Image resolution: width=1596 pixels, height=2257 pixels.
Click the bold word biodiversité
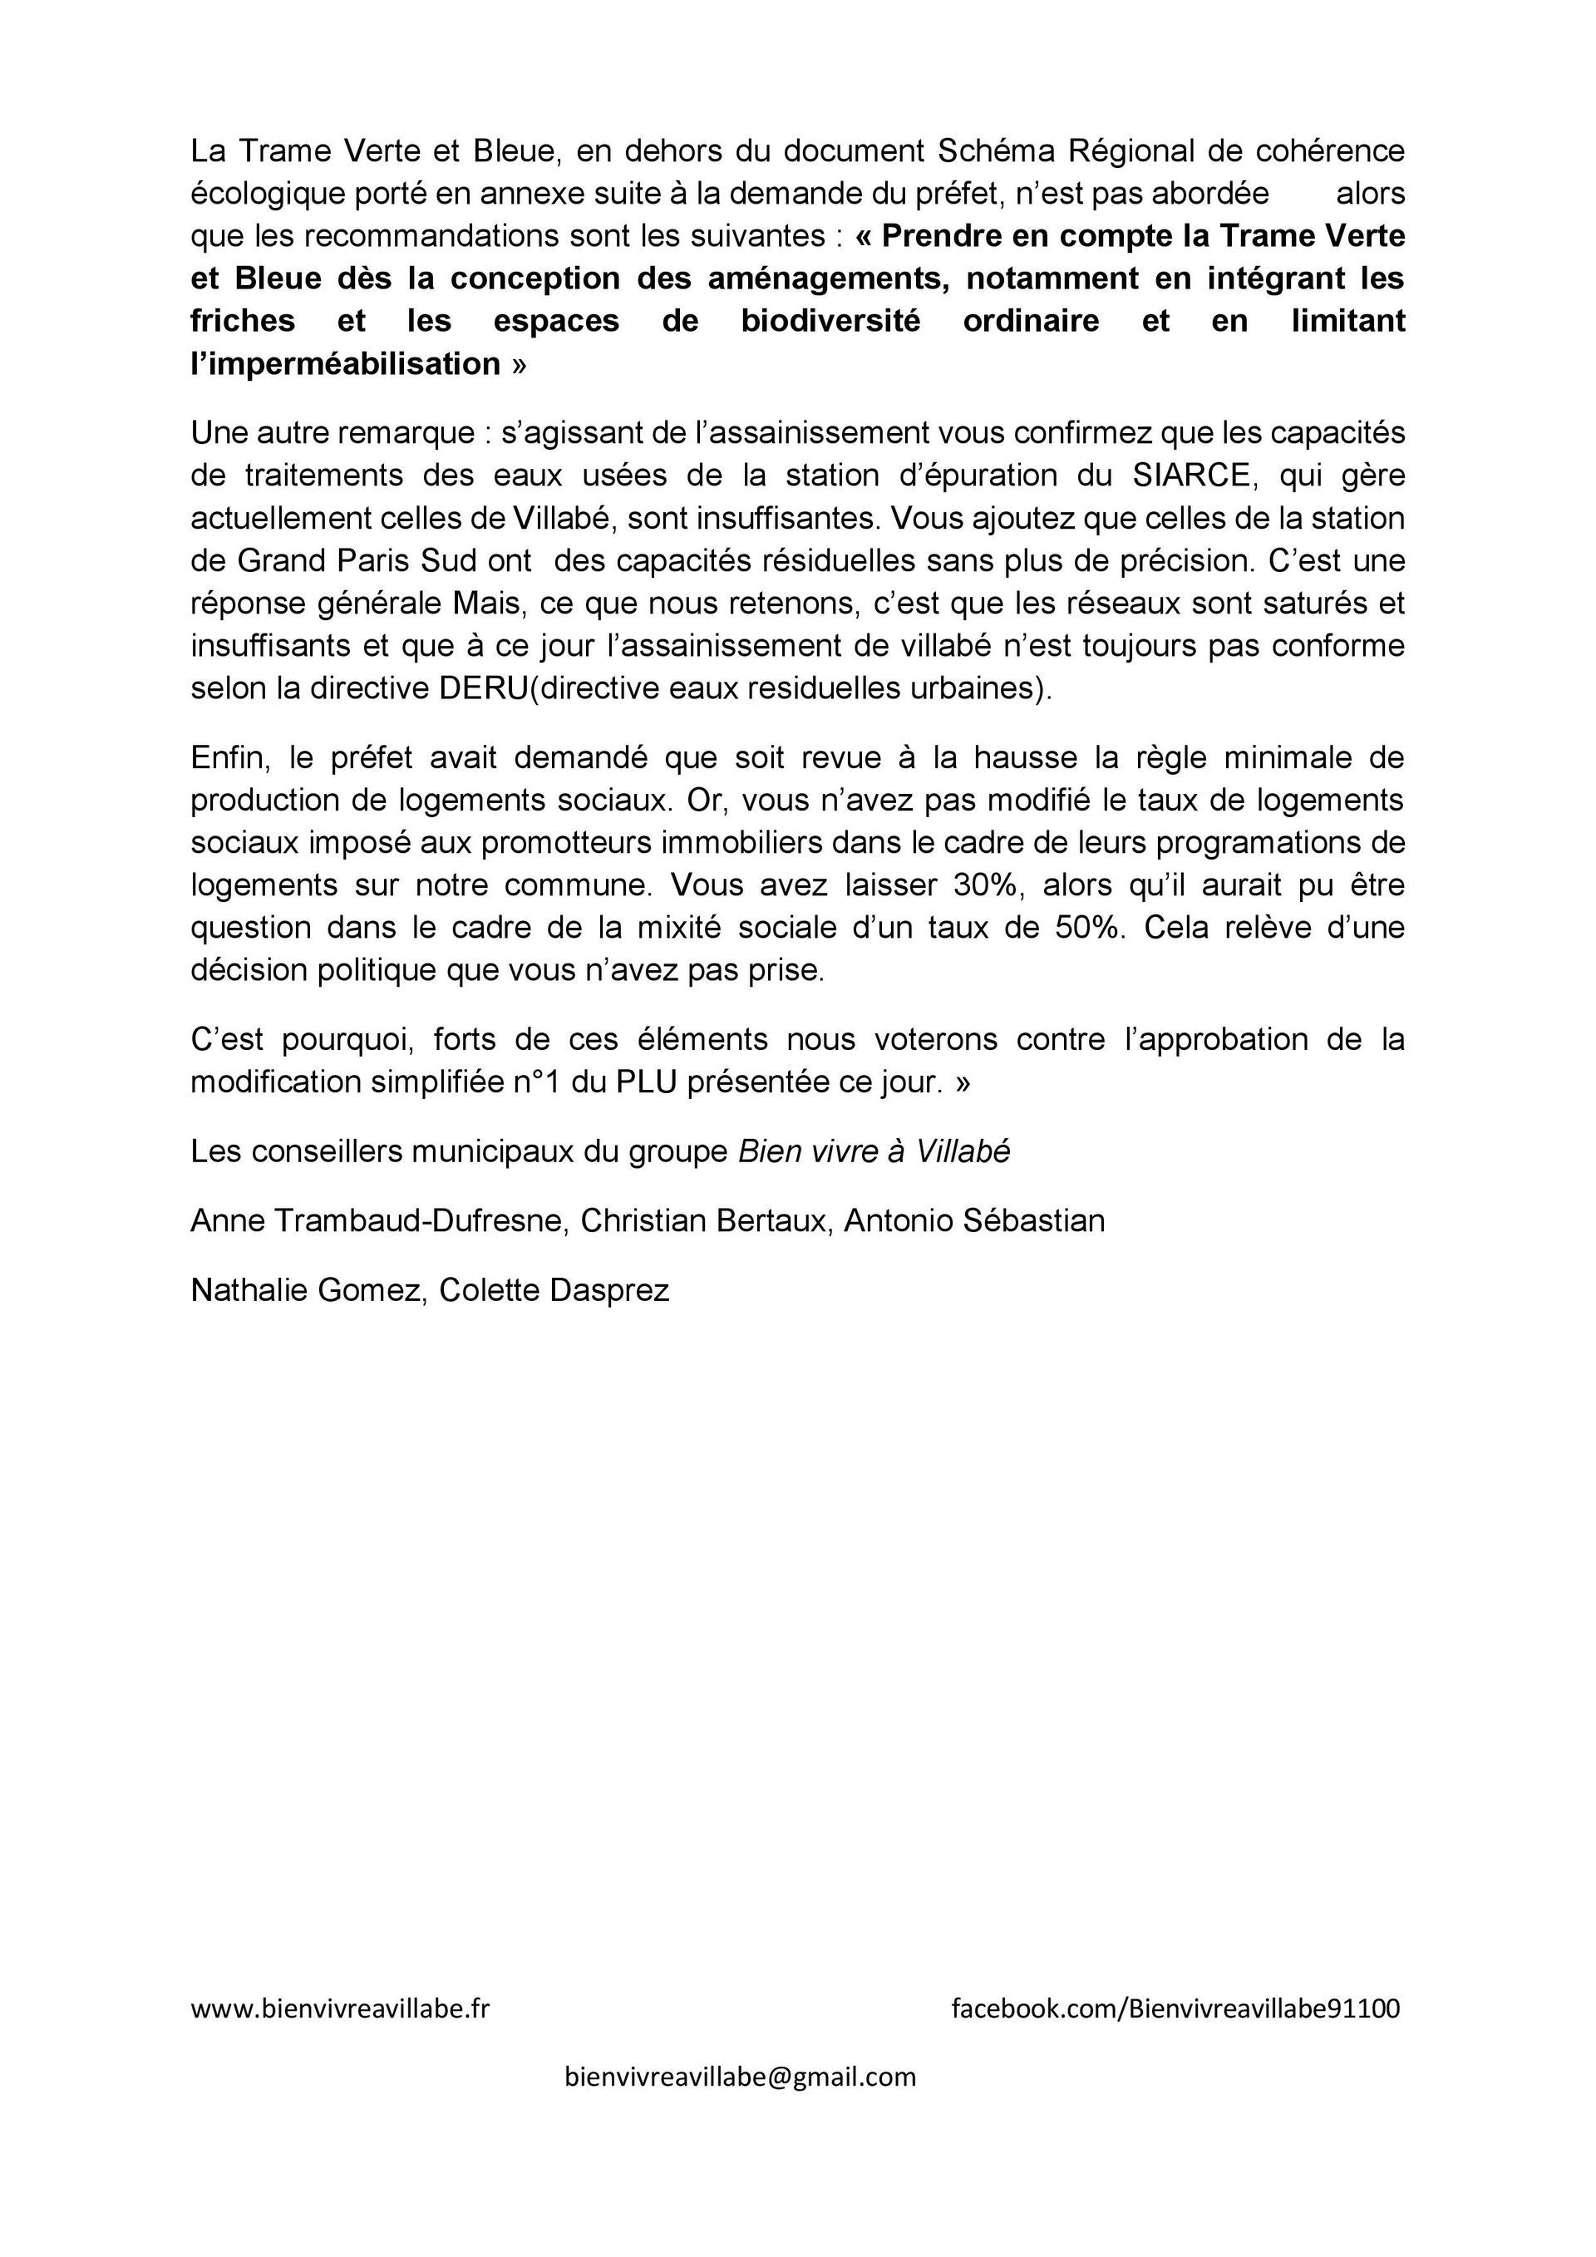click(830, 322)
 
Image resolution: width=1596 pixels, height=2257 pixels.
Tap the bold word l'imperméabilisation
click(346, 365)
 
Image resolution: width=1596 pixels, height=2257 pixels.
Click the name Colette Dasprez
click(554, 1289)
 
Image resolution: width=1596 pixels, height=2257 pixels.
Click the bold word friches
click(243, 322)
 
